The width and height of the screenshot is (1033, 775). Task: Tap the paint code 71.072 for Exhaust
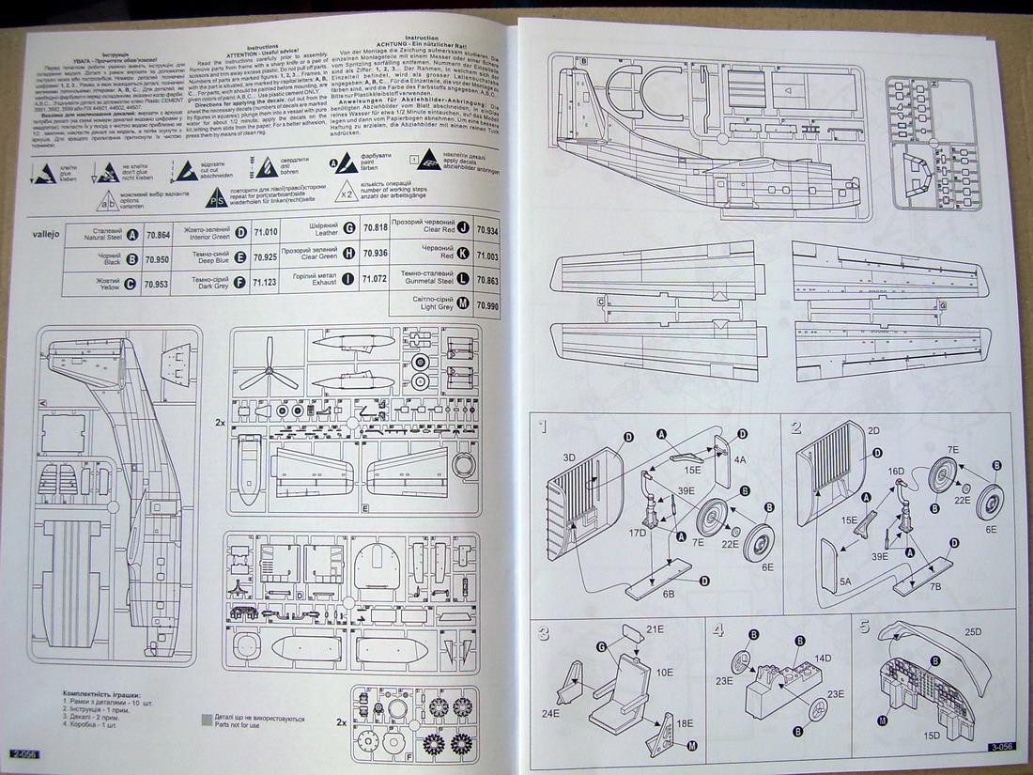374,279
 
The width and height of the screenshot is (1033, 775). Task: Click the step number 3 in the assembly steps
543,632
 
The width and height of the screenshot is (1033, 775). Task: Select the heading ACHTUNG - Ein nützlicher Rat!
424,43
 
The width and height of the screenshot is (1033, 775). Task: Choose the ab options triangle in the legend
109,200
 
